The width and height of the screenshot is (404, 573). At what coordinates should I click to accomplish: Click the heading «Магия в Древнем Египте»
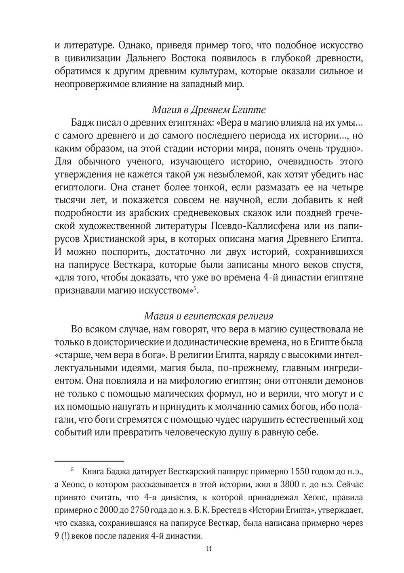pyautogui.click(x=208, y=110)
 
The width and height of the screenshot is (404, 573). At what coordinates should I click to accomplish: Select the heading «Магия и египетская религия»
pyautogui.click(x=208, y=316)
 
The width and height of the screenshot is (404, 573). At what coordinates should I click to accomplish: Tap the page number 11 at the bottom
pyautogui.click(x=208, y=549)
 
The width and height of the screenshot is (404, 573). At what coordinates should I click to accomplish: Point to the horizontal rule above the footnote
pyautogui.click(x=89, y=461)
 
